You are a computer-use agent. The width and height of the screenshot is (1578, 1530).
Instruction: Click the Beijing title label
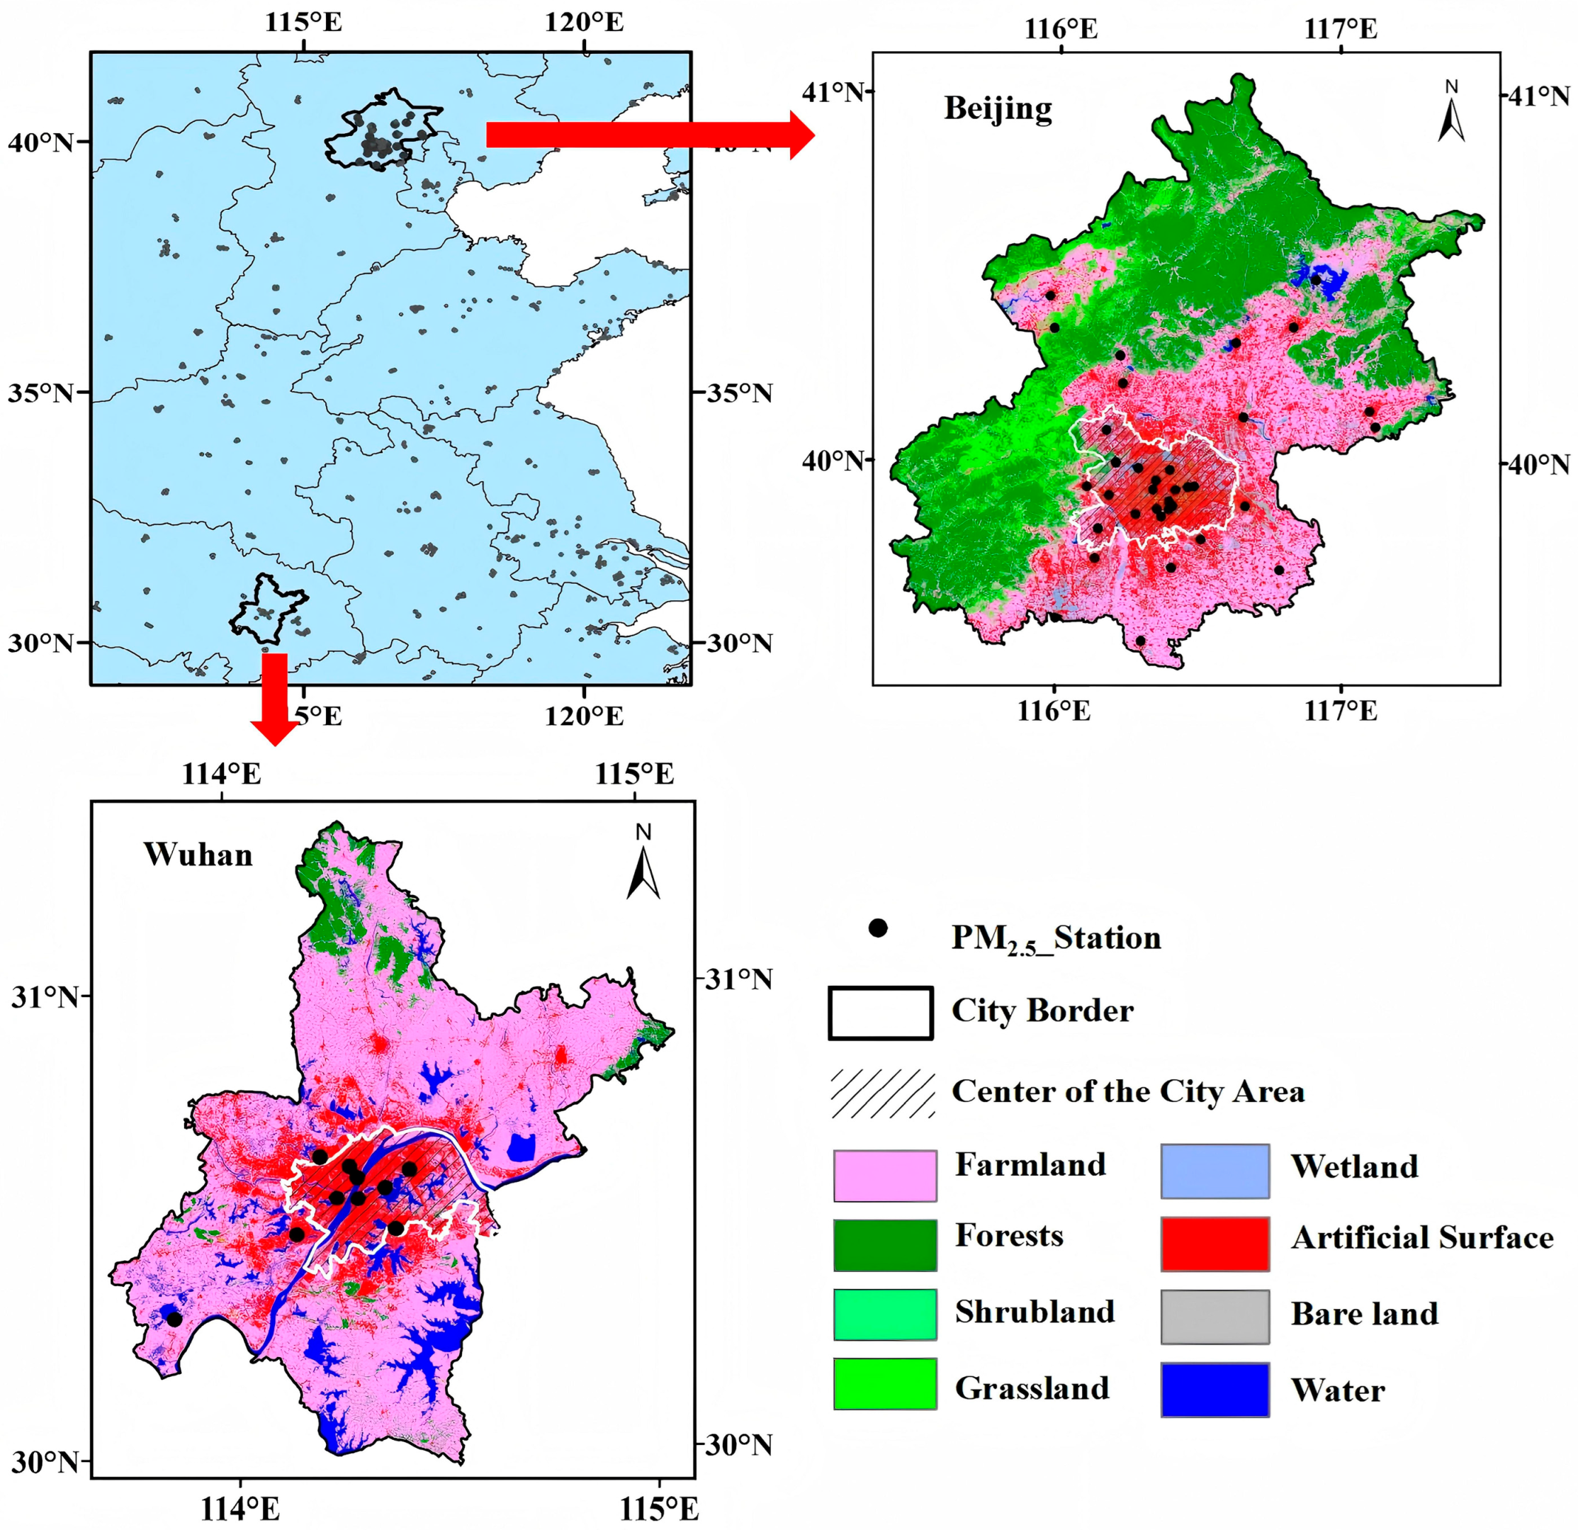(x=998, y=108)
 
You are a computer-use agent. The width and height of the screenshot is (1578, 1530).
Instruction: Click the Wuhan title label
(x=198, y=855)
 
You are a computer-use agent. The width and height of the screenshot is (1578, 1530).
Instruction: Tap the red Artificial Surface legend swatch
(x=1215, y=1244)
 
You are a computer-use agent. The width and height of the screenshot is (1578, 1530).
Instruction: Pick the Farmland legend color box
(x=885, y=1176)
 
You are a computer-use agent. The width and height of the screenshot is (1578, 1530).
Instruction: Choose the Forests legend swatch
(x=885, y=1245)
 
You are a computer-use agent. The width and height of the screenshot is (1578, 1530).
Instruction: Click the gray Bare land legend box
(x=1215, y=1317)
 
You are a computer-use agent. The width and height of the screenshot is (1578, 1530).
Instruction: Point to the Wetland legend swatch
(x=1215, y=1171)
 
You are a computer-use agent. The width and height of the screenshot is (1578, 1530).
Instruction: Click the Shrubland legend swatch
(x=885, y=1314)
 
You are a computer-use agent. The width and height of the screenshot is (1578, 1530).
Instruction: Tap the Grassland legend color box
(x=885, y=1383)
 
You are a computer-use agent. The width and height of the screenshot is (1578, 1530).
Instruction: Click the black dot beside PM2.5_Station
(x=877, y=928)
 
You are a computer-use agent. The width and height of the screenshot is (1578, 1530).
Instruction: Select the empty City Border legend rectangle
(x=881, y=1013)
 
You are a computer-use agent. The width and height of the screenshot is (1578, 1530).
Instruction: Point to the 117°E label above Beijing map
(x=1341, y=29)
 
